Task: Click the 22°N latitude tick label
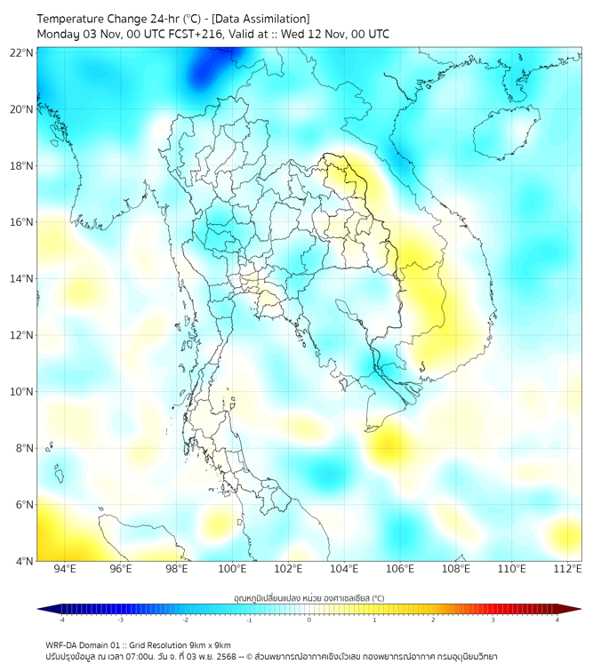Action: tap(22, 52)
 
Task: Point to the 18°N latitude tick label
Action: tap(22, 166)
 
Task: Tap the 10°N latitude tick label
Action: tap(22, 392)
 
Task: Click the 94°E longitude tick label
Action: tap(65, 569)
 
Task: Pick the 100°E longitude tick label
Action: tap(232, 569)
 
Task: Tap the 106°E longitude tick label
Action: tap(400, 569)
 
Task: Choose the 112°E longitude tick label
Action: tap(567, 569)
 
